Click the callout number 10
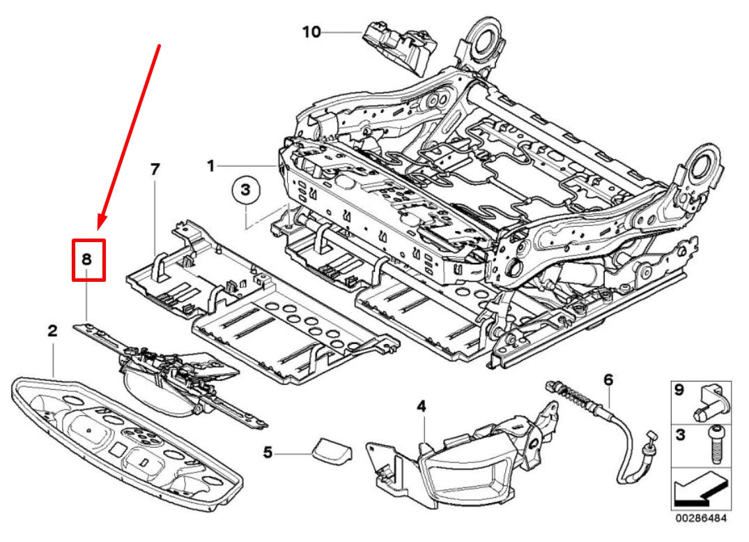[311, 31]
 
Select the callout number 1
[210, 166]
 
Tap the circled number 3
[245, 190]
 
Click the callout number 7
[155, 169]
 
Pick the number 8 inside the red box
[87, 259]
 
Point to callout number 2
[52, 331]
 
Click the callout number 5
[268, 453]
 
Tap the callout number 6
[608, 380]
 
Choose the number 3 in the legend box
[679, 435]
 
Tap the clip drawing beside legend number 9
[711, 402]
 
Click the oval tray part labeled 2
[125, 439]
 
